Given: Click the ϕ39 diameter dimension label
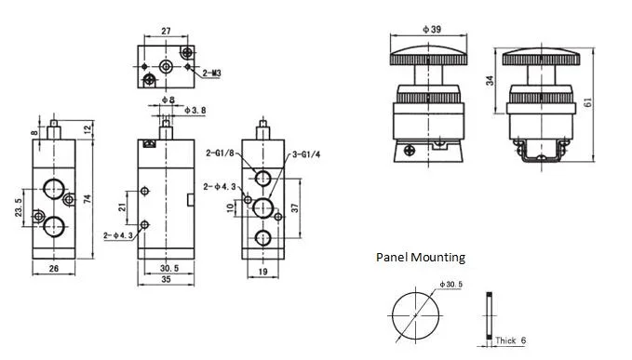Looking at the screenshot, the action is tap(432, 29).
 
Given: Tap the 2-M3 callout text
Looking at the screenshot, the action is tap(211, 73).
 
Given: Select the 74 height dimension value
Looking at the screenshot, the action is tap(87, 198).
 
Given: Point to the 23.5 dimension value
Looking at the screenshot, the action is tap(19, 207).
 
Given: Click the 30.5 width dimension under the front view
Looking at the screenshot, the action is tap(169, 268).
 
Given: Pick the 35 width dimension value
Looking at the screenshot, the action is tap(166, 279).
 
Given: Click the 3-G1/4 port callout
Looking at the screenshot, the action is tap(306, 154).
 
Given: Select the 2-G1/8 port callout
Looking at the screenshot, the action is tap(220, 153).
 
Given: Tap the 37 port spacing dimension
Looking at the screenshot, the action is tap(295, 207).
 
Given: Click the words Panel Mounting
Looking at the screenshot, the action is tap(421, 257).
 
